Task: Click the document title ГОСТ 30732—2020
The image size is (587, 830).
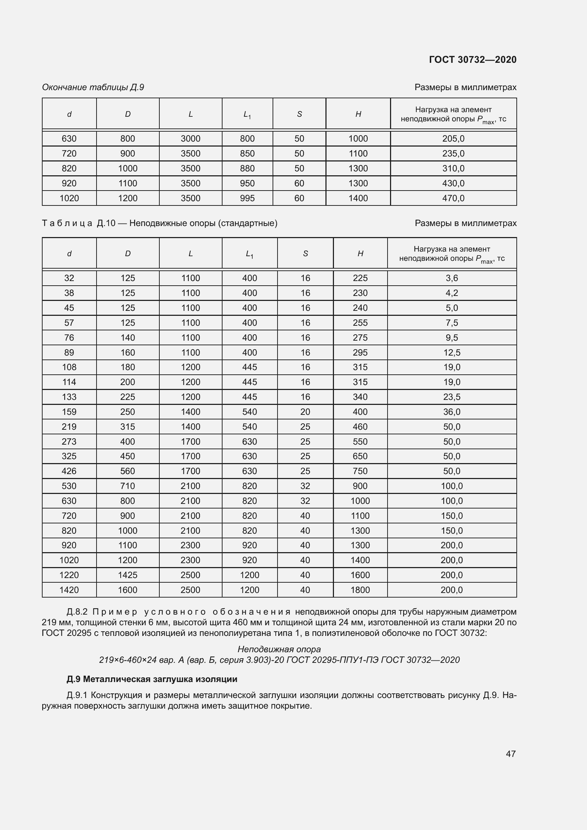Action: point(472,60)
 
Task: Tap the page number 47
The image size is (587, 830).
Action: point(510,754)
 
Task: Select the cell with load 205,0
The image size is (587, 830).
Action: point(453,139)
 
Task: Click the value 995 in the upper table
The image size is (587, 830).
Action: point(247,198)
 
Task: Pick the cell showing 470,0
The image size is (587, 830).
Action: point(453,198)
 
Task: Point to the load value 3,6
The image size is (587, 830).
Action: point(451,278)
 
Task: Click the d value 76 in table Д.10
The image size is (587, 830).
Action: point(69,337)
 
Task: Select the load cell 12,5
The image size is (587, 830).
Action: point(451,352)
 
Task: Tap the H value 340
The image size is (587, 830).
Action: point(360,397)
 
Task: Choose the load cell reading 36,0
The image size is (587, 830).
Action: point(451,412)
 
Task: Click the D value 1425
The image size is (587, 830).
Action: point(128,575)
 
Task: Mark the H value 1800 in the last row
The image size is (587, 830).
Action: point(360,590)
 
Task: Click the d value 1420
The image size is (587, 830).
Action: point(69,590)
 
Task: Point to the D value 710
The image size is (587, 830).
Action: point(128,486)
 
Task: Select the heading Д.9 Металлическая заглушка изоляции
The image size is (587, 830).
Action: point(152,679)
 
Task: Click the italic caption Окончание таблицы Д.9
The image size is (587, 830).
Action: point(93,87)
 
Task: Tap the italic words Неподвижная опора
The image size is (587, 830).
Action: point(279,649)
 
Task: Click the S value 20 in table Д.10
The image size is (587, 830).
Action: point(305,412)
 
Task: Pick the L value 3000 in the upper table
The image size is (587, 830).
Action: point(191,139)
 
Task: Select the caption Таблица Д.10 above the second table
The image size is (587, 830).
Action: point(159,224)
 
